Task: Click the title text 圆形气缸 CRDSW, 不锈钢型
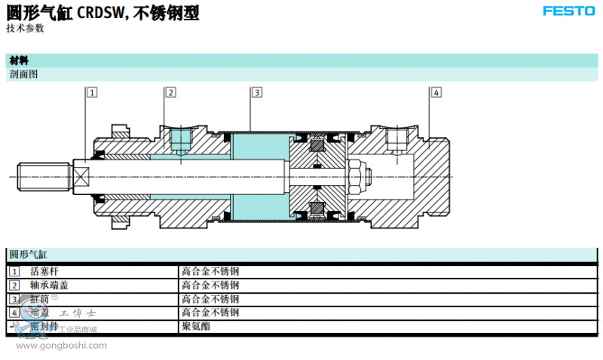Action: pos(103,12)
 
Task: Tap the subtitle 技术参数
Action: pos(25,28)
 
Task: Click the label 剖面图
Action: pos(23,74)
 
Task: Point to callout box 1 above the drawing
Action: pos(92,93)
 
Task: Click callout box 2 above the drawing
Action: pos(170,93)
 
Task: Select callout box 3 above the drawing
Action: pos(256,93)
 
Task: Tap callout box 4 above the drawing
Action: pos(436,93)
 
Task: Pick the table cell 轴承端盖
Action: pos(50,285)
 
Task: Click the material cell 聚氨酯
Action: pos(195,327)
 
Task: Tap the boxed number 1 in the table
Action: pos(14,271)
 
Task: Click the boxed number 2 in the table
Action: pos(14,285)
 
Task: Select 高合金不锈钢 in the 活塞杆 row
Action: pos(210,271)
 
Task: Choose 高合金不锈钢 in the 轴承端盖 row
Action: pos(210,285)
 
